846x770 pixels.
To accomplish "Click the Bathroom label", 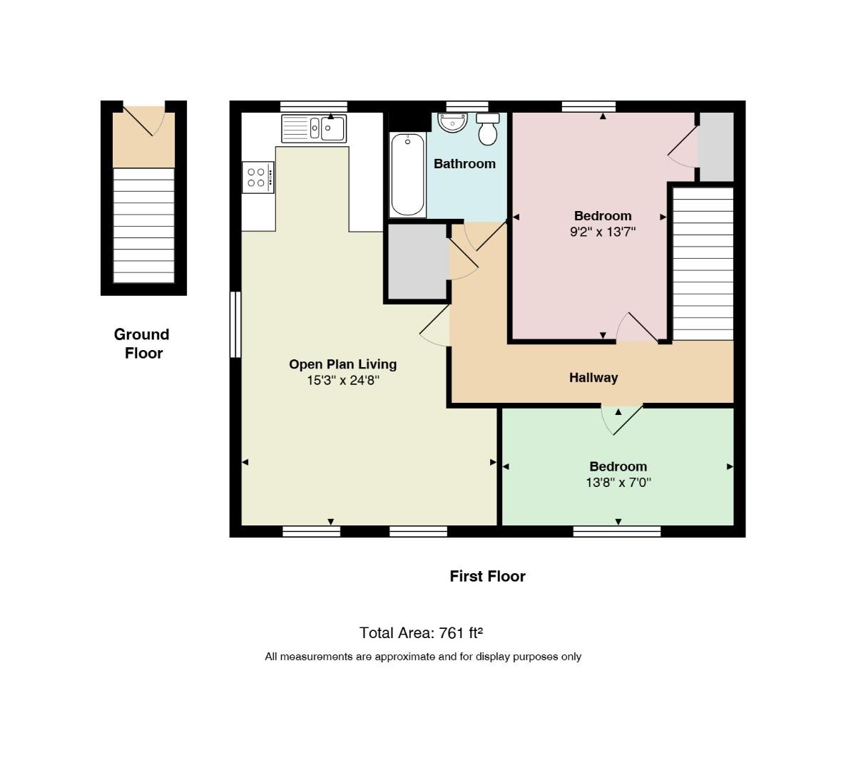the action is (x=464, y=163).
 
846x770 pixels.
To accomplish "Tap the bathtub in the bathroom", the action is (x=407, y=175).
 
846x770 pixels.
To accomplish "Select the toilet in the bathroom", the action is (x=488, y=129).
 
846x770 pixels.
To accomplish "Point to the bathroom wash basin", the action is (x=452, y=123).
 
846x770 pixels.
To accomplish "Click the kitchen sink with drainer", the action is (x=313, y=129).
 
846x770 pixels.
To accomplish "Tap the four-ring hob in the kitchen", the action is (x=258, y=178).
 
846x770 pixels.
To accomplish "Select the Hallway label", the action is (x=593, y=377).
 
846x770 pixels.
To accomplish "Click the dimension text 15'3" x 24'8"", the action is (x=343, y=380).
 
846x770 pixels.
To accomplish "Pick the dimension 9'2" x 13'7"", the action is (x=603, y=232).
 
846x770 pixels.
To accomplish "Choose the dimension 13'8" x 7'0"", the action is (x=618, y=483).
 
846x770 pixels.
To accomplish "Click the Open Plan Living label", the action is (x=343, y=364).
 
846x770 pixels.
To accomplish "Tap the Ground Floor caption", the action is (x=142, y=344).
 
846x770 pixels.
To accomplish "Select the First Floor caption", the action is (x=488, y=576).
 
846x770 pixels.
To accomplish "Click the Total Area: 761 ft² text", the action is (x=421, y=632).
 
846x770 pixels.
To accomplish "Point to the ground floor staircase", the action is (x=143, y=225).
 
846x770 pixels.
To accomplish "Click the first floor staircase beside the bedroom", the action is (x=703, y=264).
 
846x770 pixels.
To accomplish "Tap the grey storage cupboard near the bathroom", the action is (x=418, y=262).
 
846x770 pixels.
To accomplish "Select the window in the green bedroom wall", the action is (x=617, y=532).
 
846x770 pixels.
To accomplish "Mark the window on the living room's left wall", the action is (x=235, y=324).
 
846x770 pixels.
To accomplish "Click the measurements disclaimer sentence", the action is (x=423, y=657).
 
